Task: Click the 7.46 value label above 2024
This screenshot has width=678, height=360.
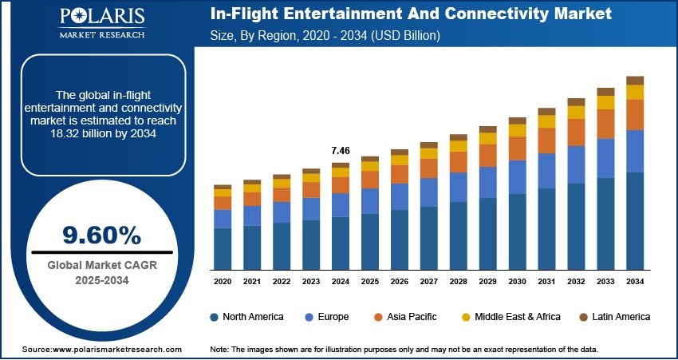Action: (x=341, y=150)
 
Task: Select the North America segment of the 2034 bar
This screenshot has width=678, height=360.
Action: (x=635, y=221)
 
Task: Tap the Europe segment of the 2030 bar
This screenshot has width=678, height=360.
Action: (x=518, y=176)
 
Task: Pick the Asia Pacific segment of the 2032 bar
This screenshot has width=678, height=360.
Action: (x=576, y=132)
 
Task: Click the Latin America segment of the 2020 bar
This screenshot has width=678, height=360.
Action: (x=223, y=187)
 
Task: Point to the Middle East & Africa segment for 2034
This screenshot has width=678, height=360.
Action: (x=635, y=93)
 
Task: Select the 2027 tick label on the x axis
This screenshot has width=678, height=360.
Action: (x=429, y=282)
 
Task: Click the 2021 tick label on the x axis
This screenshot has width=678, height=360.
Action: (x=252, y=282)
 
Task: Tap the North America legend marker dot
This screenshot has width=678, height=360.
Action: (x=214, y=317)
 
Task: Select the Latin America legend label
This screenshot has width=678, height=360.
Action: (x=621, y=317)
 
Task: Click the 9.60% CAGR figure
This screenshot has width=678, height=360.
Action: (x=102, y=235)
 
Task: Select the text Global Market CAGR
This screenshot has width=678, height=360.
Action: (x=102, y=265)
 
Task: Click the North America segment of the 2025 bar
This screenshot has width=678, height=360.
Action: (x=370, y=241)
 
